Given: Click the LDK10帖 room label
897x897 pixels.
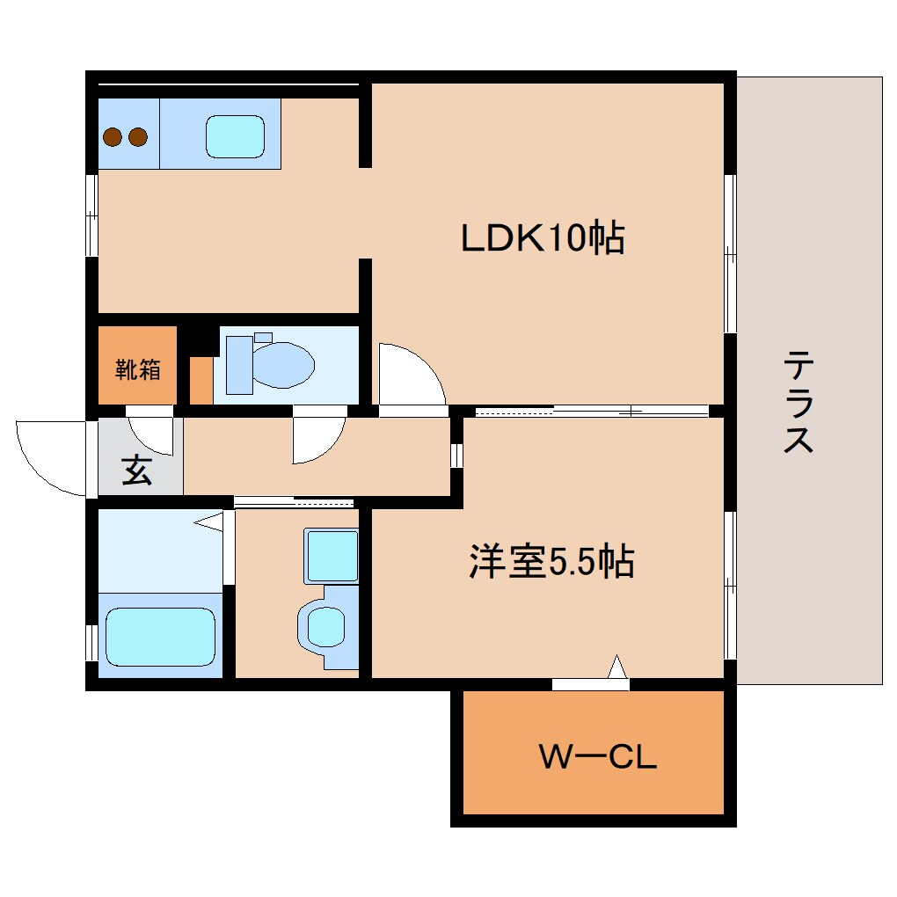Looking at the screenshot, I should click(543, 237).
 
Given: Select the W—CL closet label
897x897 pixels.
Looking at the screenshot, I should click(597, 757).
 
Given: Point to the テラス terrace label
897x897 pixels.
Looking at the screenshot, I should click(799, 401).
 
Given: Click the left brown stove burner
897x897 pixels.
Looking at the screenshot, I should click(113, 137).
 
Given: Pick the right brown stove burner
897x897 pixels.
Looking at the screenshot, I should click(136, 137).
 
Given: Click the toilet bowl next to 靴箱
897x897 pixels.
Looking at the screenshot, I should click(280, 364).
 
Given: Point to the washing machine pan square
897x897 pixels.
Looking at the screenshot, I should click(332, 556).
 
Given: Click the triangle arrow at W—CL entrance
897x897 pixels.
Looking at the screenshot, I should click(617, 667).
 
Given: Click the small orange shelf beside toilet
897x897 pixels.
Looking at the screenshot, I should click(201, 380).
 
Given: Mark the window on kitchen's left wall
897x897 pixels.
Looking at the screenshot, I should click(91, 214).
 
